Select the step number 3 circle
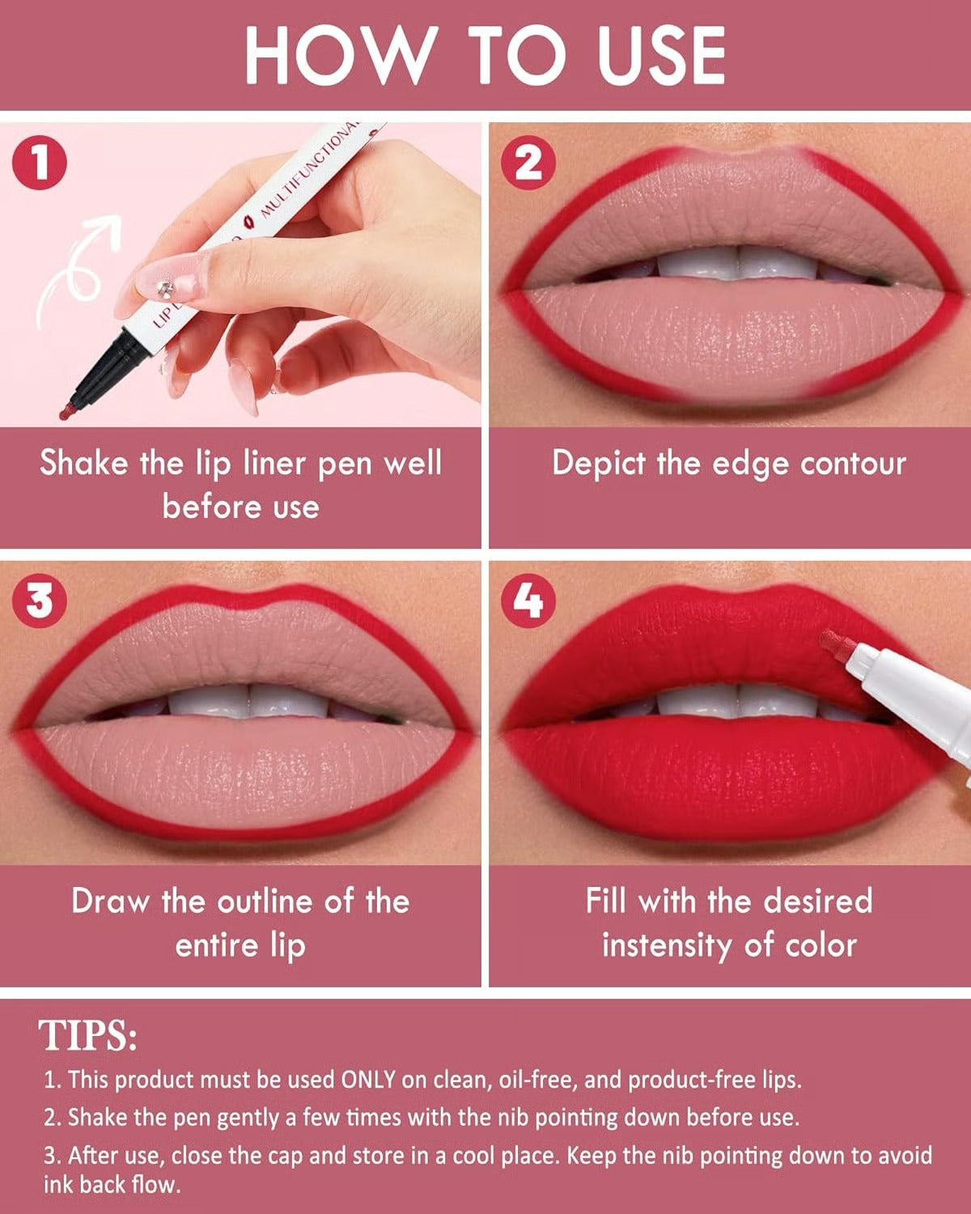[x=39, y=601]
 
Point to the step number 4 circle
[x=528, y=601]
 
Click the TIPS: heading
[x=88, y=1035]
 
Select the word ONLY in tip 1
[x=367, y=1080]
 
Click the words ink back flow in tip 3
[x=111, y=1185]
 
